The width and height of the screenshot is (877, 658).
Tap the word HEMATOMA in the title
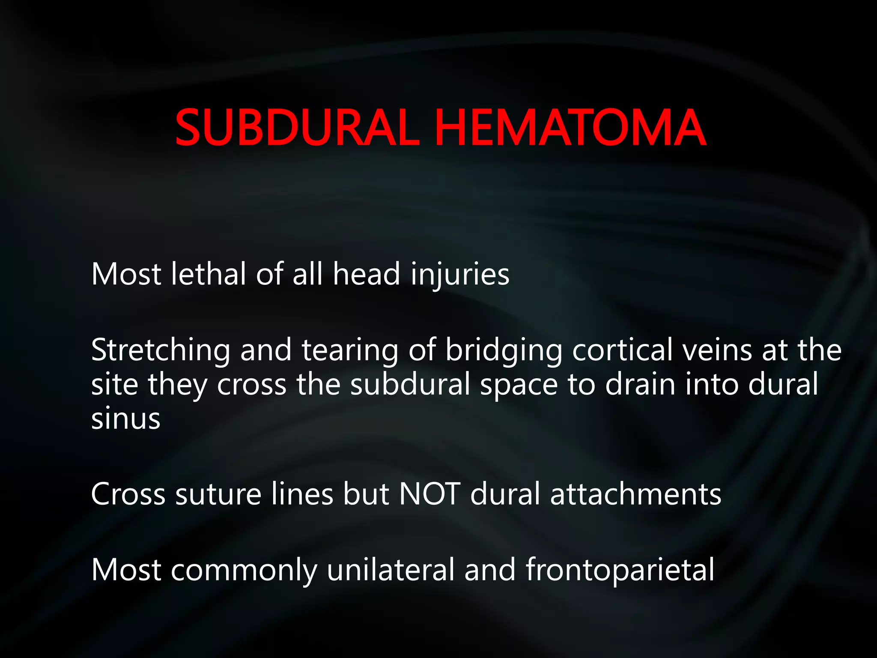tap(570, 128)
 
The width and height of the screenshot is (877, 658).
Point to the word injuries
tap(460, 275)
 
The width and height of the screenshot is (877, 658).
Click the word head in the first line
tap(367, 274)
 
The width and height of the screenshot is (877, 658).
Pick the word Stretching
tap(161, 350)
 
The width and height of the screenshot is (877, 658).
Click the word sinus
tap(125, 419)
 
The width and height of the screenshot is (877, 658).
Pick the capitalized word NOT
tap(430, 494)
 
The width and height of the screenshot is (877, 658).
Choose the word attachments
tap(635, 494)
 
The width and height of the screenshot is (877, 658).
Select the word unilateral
tap(391, 570)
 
